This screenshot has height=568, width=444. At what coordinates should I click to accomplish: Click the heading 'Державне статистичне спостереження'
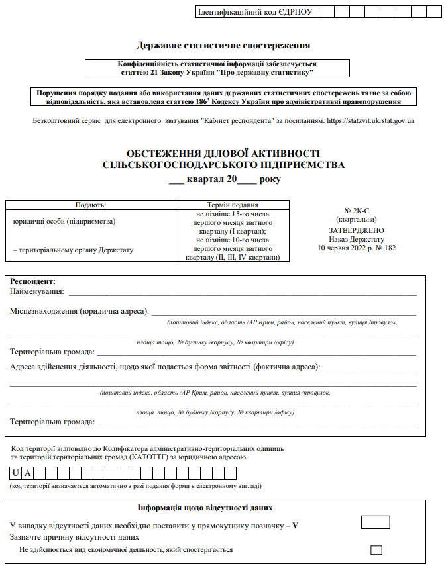tap(223, 46)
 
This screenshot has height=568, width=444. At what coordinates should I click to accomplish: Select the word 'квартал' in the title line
tap(206, 179)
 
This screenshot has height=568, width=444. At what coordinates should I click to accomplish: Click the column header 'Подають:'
tap(91, 205)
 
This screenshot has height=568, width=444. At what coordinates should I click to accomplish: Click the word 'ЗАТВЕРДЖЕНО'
tap(356, 230)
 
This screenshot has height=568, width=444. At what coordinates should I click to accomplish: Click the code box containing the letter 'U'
tap(15, 473)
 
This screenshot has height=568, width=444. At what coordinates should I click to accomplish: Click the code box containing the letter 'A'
tap(27, 473)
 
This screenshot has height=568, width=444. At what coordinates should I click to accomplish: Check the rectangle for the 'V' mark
tap(376, 522)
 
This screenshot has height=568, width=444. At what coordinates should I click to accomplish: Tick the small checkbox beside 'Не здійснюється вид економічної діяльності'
tap(376, 549)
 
